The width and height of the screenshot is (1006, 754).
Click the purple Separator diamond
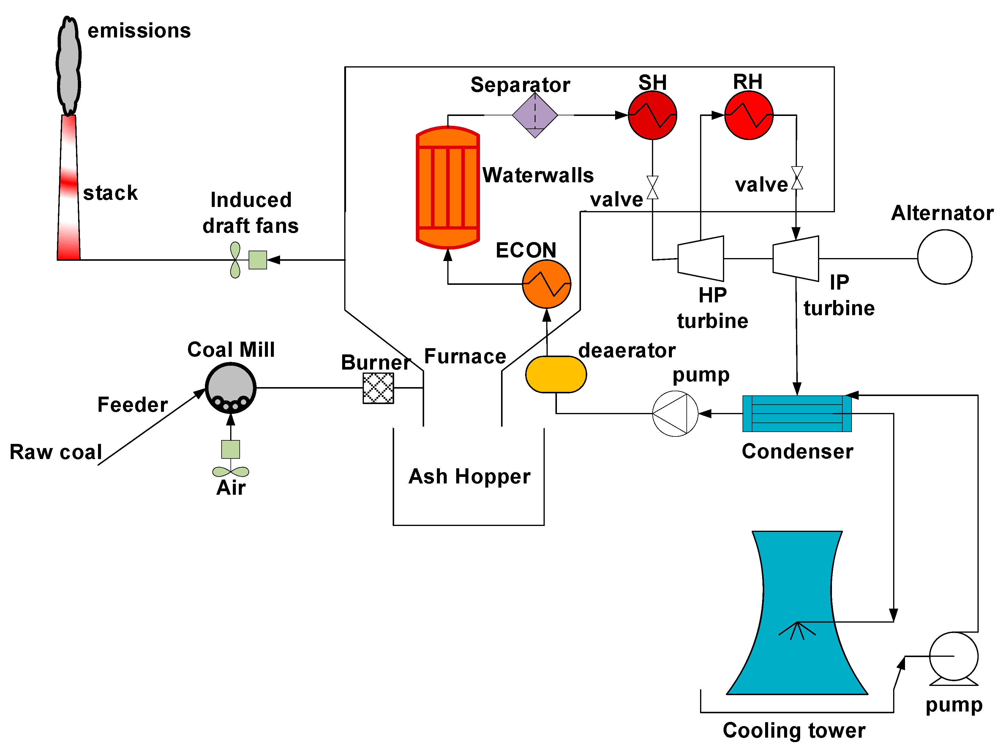click(x=535, y=115)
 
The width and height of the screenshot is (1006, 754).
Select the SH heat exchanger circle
click(x=652, y=115)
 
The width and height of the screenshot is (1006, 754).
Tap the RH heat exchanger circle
click(x=748, y=115)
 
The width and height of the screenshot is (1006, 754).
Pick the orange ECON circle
click(x=547, y=284)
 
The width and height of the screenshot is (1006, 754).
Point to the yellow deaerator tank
click(x=556, y=374)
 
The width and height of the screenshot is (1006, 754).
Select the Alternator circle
click(x=945, y=257)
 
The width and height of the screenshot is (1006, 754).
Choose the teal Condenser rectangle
click(x=797, y=414)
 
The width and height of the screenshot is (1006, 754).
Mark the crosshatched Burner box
click(x=378, y=388)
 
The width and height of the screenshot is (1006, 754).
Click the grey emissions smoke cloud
click(x=69, y=66)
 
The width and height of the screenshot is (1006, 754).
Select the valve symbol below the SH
click(x=653, y=188)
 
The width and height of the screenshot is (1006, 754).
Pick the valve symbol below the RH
click(x=797, y=177)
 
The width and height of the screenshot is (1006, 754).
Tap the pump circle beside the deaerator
click(x=675, y=414)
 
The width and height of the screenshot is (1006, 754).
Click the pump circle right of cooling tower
click(x=954, y=656)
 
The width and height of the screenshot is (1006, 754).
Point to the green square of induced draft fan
click(x=258, y=260)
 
